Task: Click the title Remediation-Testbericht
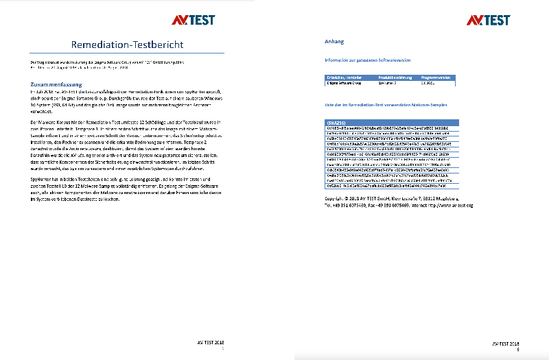[x=128, y=45]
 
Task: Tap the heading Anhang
[x=334, y=42]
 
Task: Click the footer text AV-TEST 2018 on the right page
[x=506, y=341]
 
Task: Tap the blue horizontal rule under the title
[x=128, y=53]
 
